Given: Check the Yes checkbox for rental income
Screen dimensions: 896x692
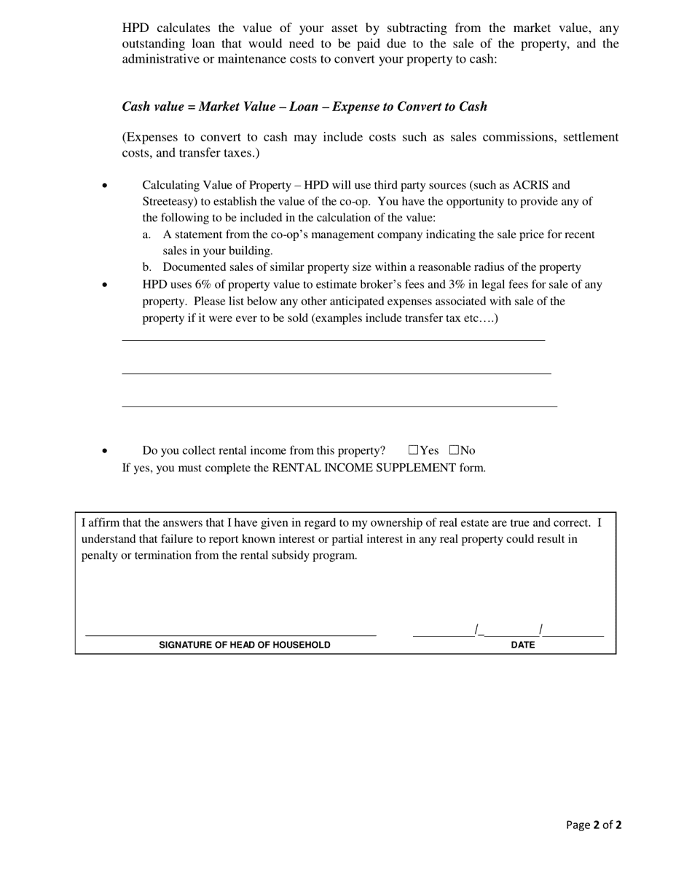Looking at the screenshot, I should [414, 450].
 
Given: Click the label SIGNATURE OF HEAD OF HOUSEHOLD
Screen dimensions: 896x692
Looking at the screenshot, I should [245, 645].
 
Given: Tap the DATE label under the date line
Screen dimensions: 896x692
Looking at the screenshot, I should [523, 645].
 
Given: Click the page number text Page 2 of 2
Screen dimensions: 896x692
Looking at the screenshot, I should [594, 825].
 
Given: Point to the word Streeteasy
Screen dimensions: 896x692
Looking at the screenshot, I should [169, 202].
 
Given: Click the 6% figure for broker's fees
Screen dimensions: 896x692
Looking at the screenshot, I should [203, 285].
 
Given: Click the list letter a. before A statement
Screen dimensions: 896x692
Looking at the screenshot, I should [147, 235].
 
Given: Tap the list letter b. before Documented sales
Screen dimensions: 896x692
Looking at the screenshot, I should [147, 267].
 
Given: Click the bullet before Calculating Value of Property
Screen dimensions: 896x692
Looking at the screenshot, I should [105, 186].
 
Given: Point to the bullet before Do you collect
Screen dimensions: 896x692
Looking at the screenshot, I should [105, 452].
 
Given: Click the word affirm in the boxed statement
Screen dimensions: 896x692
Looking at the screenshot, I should [105, 522].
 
